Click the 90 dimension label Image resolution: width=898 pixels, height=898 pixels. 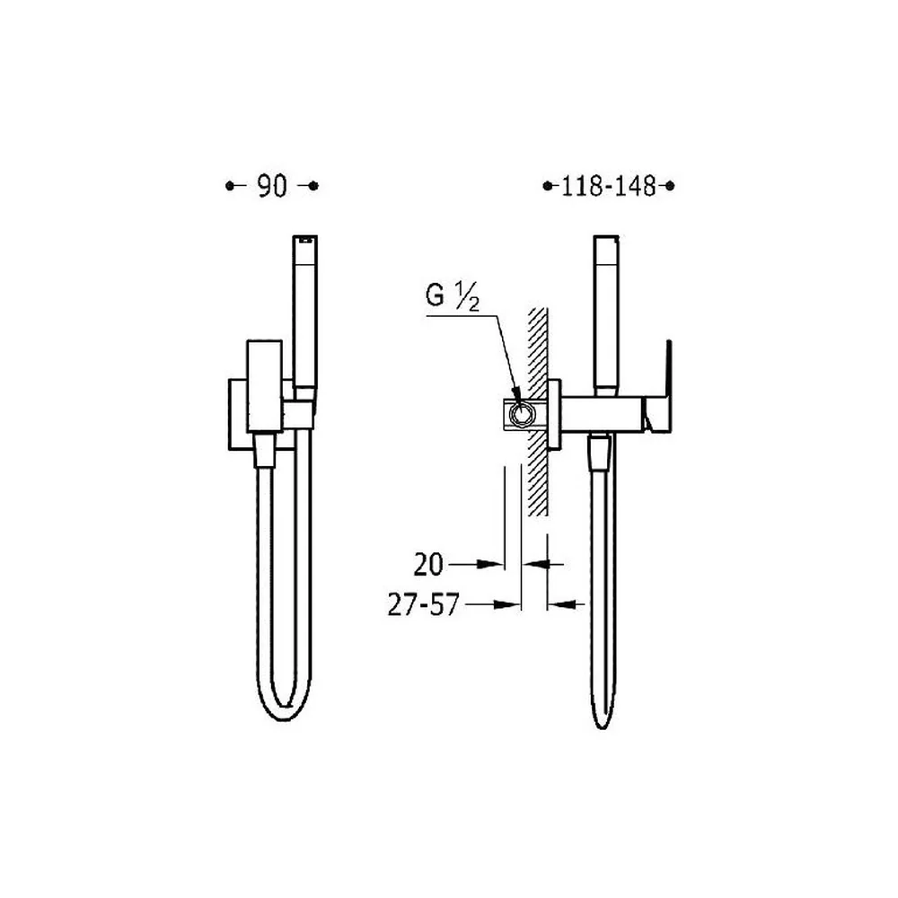click(x=272, y=186)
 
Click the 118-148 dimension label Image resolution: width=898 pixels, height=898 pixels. click(x=608, y=186)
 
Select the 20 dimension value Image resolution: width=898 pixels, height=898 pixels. click(x=428, y=565)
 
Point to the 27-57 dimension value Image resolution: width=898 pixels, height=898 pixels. click(x=423, y=604)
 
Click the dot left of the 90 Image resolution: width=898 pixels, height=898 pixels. click(x=230, y=186)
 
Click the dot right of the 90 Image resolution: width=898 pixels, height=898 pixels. click(x=313, y=186)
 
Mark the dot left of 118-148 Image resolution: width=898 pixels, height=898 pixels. click(x=548, y=186)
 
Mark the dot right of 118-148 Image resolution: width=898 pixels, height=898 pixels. click(x=670, y=186)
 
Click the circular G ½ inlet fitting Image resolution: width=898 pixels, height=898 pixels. click(x=521, y=414)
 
